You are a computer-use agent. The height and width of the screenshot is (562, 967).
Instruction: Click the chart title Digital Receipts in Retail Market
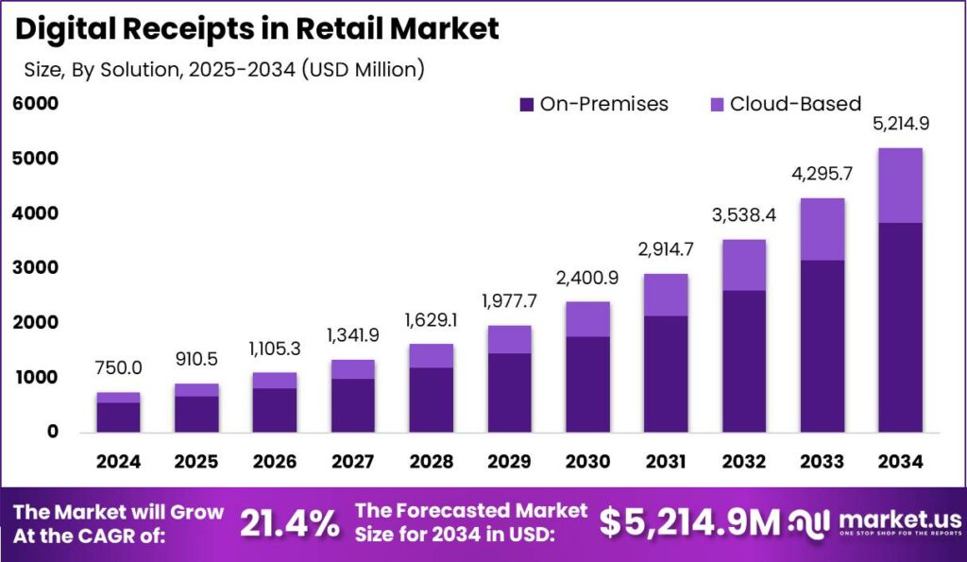point(256,28)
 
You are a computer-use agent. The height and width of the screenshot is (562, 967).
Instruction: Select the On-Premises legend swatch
point(527,104)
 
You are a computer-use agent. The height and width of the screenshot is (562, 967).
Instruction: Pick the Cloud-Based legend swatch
point(717,104)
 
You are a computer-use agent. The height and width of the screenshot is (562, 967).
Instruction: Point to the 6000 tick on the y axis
point(35,103)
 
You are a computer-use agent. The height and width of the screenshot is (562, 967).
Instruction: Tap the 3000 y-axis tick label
point(35,268)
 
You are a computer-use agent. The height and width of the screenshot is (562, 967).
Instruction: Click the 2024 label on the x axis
point(118,462)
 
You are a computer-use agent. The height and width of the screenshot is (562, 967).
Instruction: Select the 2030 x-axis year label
point(587,462)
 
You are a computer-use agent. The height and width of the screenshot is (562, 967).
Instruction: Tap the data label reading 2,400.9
point(587,281)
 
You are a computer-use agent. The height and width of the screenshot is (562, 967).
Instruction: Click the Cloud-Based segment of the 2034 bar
point(899,185)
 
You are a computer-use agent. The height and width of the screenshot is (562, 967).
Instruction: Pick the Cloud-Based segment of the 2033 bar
point(822,229)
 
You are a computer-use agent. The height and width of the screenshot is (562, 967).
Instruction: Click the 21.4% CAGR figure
point(290,523)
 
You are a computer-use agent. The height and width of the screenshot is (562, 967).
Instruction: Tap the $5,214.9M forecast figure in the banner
point(690,521)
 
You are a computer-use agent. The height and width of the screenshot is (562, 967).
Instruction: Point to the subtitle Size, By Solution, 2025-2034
point(223,69)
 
